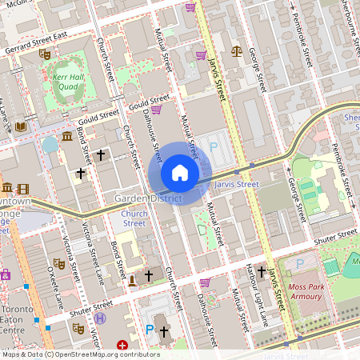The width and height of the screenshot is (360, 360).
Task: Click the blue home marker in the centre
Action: pos(180,173)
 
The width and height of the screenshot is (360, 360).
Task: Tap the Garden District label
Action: pos(148,198)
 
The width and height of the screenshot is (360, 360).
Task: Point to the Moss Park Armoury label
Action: pos(317,291)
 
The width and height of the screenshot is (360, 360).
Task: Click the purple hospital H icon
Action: pos(100,318)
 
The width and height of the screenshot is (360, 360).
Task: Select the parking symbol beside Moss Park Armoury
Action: pos(300,263)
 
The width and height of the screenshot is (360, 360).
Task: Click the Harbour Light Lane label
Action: pos(254,297)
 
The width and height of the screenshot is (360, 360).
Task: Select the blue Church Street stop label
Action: pos(134,218)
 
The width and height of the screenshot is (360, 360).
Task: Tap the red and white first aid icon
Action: pos(122,345)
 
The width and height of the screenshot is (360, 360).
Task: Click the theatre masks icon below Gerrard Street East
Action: pos(45,54)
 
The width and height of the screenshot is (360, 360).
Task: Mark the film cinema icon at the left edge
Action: pos(22,190)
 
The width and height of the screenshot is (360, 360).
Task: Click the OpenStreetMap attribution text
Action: pos(80,354)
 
